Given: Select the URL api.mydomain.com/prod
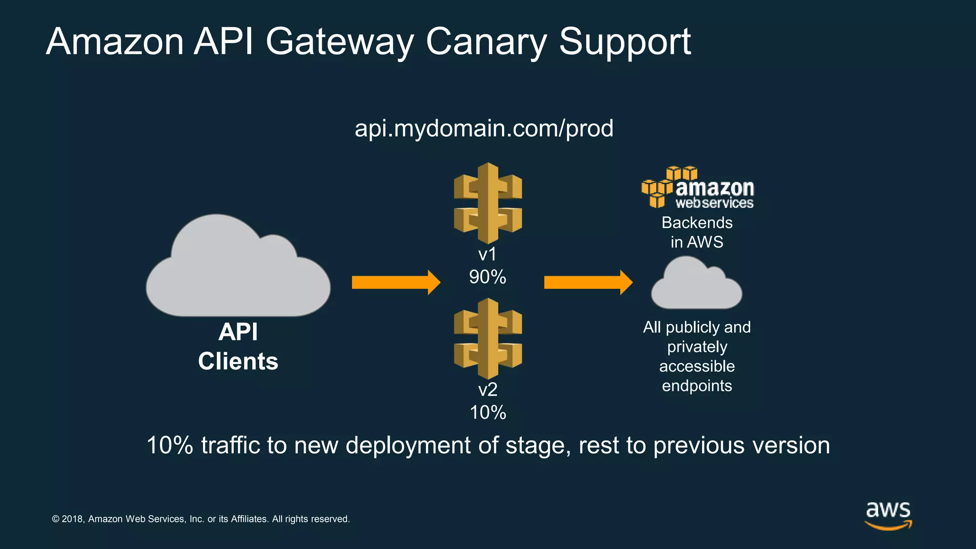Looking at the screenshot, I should [x=484, y=129].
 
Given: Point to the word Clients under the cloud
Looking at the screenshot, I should [x=238, y=361].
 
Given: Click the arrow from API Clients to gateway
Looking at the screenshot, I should [x=396, y=283].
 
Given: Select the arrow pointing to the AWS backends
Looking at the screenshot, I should [x=588, y=283].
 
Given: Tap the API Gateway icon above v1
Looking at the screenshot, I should [x=488, y=203].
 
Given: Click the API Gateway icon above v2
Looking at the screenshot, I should [x=488, y=339].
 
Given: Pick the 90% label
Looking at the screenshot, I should [x=487, y=277].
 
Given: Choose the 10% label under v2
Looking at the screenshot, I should [x=487, y=413].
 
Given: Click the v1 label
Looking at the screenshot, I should [x=487, y=254].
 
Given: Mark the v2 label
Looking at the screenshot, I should [x=487, y=390].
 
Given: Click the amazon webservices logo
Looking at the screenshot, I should [x=698, y=188].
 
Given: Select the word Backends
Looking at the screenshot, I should [x=697, y=223].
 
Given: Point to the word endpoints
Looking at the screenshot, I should [x=697, y=386].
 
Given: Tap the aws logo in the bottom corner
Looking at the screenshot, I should [x=888, y=515].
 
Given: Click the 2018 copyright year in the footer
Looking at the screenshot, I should [x=72, y=519].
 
